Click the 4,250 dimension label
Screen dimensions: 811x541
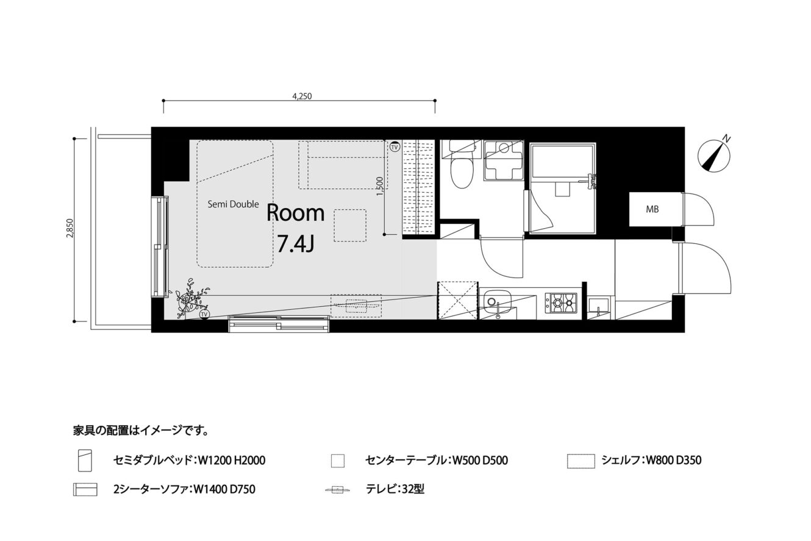(302, 96)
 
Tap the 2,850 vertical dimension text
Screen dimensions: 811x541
(70, 229)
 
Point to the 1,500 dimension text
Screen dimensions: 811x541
(379, 186)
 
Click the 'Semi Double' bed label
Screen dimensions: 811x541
(233, 204)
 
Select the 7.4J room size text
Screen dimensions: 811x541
(295, 243)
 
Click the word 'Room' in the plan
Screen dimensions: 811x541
(295, 213)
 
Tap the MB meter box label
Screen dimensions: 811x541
(652, 209)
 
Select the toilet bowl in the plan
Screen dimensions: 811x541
(462, 173)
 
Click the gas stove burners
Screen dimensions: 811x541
(561, 303)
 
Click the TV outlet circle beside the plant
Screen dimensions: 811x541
(204, 314)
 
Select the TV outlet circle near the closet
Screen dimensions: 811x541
(395, 147)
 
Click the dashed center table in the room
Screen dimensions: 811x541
(350, 225)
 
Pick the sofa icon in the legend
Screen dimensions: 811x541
(85, 489)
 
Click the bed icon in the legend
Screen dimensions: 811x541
(85, 460)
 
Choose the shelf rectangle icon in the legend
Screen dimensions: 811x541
(581, 461)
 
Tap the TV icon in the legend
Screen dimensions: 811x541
(337, 490)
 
